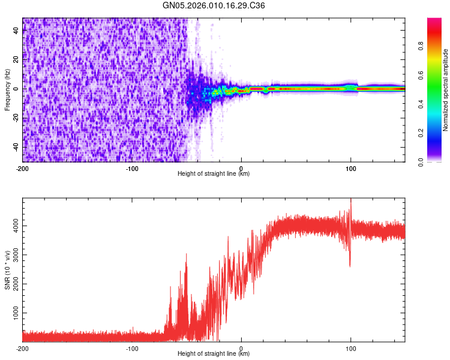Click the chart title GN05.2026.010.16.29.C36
click(214, 5)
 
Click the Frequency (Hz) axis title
click(7, 89)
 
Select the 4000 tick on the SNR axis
click(14, 226)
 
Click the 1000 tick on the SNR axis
click(14, 313)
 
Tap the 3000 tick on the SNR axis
click(14, 255)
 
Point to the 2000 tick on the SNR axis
click(14, 284)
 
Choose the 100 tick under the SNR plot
click(351, 347)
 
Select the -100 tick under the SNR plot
click(132, 347)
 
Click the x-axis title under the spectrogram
click(214, 174)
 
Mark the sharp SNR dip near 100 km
click(350, 265)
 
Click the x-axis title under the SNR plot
click(214, 354)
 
